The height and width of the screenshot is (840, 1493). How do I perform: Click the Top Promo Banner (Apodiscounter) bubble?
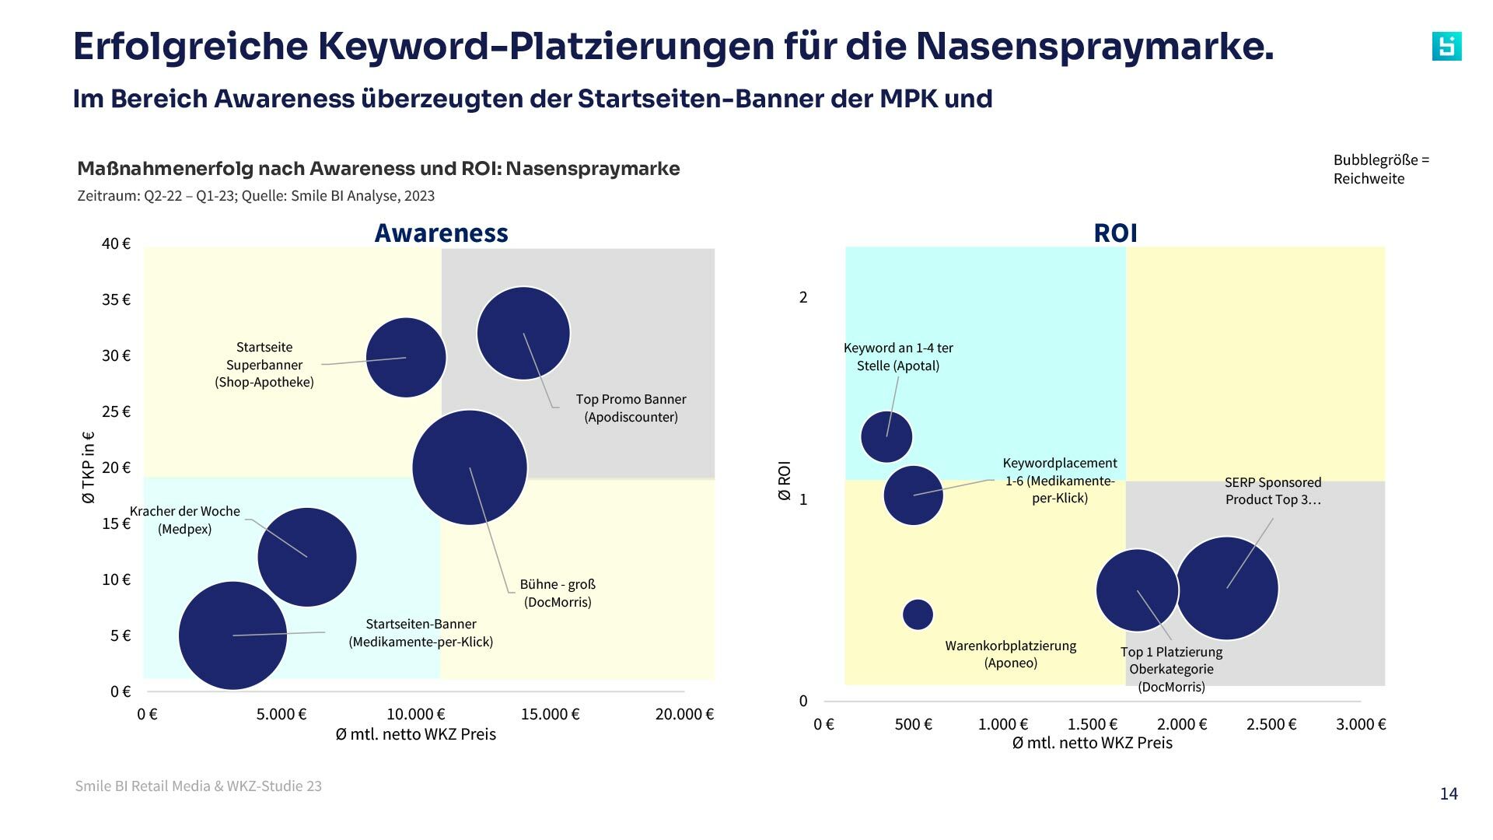[523, 333]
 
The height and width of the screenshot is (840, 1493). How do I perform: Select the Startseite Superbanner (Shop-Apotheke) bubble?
[405, 357]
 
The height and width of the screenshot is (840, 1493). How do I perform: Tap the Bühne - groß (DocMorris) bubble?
[470, 467]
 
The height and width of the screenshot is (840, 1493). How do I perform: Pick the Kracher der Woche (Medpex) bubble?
[307, 557]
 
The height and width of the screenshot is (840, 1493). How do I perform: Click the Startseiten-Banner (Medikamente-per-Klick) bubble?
[233, 635]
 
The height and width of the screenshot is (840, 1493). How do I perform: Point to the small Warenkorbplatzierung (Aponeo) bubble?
[918, 614]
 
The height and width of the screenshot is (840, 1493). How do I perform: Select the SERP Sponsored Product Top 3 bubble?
[1227, 588]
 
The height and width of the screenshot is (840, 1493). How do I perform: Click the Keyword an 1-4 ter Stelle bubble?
[886, 436]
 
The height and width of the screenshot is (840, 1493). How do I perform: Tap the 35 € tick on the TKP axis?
[116, 299]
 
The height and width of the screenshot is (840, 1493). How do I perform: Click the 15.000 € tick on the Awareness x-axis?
[550, 714]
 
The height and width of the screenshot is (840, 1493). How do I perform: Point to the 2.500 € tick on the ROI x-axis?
[1271, 724]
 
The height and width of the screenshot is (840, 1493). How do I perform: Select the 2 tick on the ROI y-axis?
[803, 297]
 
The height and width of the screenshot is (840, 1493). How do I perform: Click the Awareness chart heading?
[441, 233]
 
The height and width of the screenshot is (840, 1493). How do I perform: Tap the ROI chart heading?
[1115, 233]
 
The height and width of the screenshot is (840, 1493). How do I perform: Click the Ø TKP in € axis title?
[88, 467]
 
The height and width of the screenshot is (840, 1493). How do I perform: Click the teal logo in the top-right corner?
[1446, 47]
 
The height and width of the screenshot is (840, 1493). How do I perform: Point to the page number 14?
[1448, 793]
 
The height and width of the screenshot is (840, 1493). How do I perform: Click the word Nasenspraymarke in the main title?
[1094, 46]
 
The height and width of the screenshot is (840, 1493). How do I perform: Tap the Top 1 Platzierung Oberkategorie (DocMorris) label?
[1171, 669]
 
